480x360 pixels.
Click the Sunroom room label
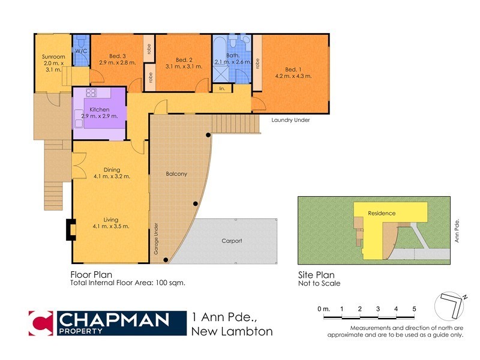[49, 57]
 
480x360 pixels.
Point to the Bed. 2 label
[184, 59]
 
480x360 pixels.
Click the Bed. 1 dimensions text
[290, 76]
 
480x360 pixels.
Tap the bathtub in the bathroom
[221, 52]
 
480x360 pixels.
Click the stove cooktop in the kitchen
[92, 93]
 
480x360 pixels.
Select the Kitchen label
[99, 110]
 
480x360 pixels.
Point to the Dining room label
[112, 169]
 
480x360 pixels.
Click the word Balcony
[176, 174]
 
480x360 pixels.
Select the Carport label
[232, 241]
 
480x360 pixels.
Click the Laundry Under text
[290, 120]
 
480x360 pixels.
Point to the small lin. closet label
[222, 88]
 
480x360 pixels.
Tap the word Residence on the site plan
[382, 213]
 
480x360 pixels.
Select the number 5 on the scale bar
[414, 308]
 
